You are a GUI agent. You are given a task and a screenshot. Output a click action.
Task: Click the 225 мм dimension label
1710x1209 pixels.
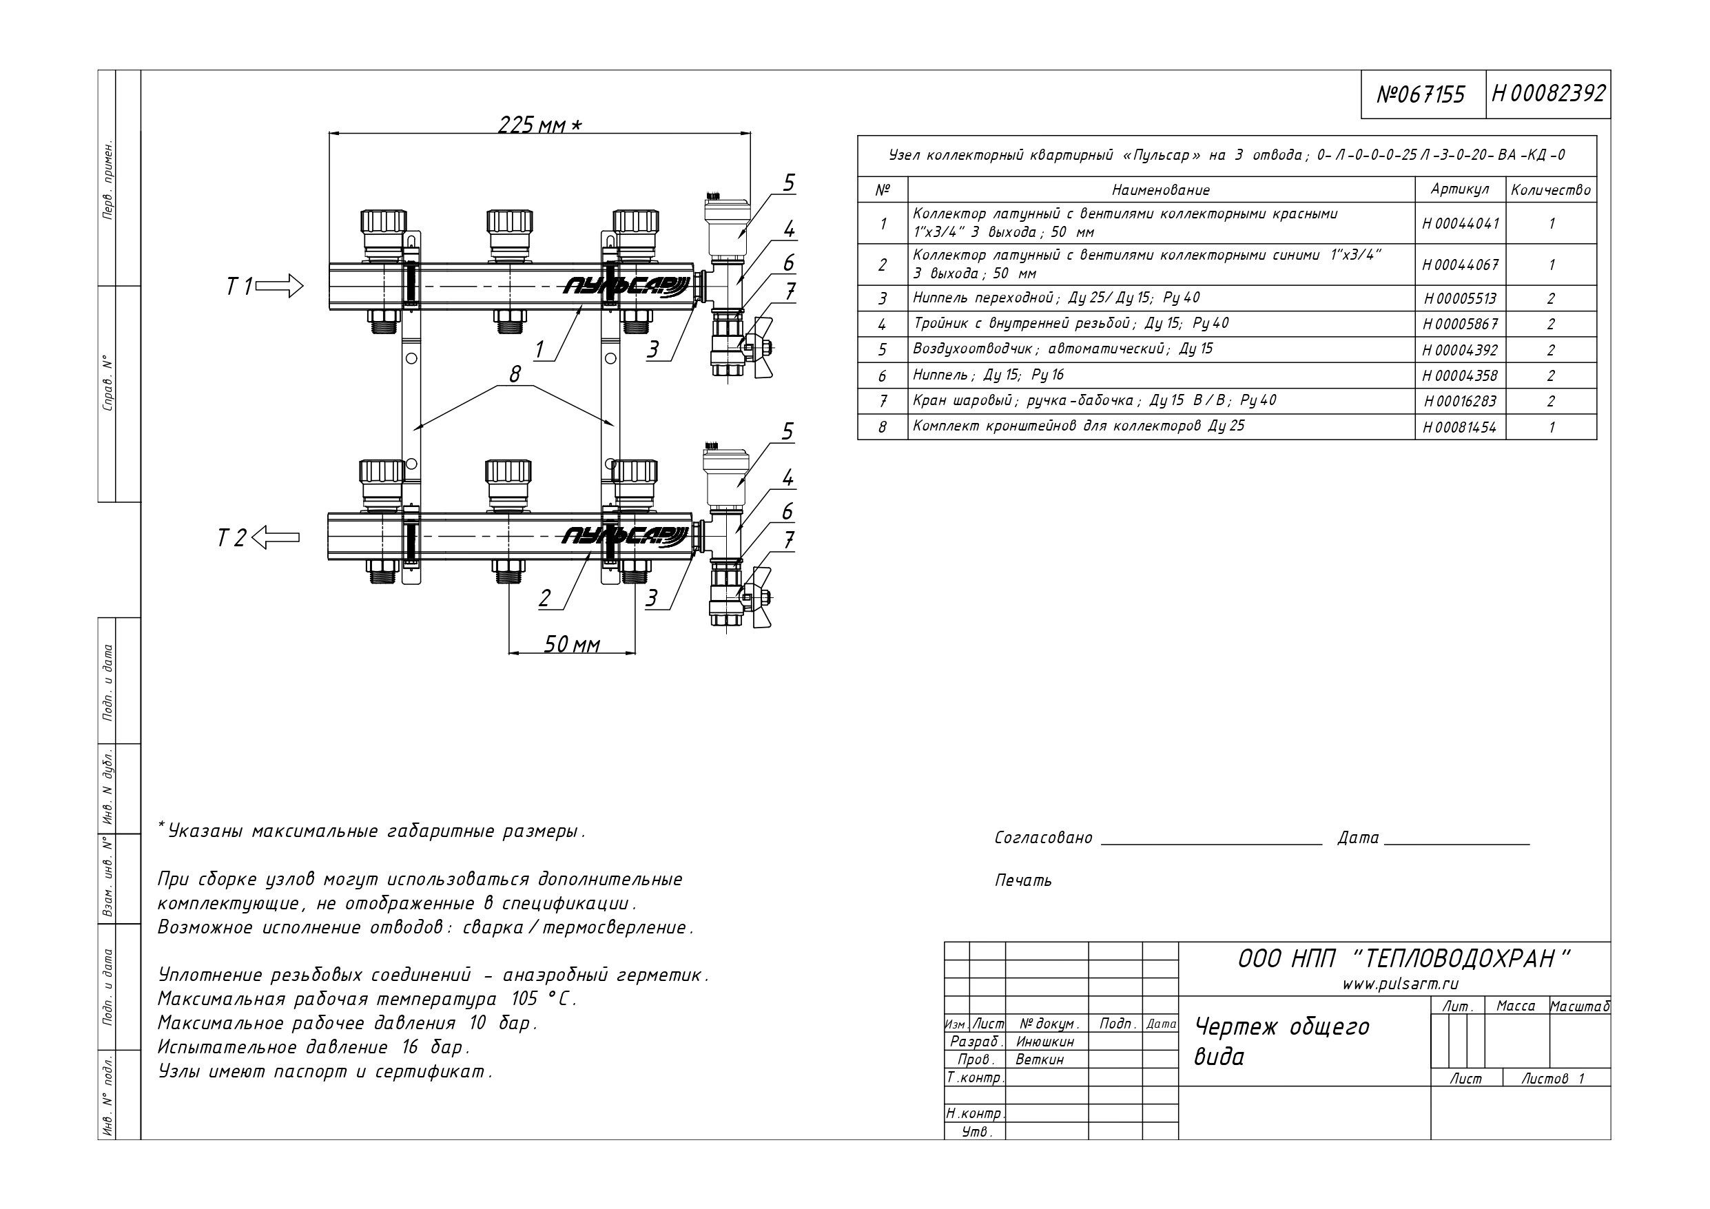click(539, 124)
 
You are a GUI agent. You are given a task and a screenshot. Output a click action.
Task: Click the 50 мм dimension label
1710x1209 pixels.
click(571, 644)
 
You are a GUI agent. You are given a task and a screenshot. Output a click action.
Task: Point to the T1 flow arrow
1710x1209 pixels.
click(279, 286)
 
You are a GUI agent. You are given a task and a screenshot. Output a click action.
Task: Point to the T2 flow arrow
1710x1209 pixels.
click(276, 537)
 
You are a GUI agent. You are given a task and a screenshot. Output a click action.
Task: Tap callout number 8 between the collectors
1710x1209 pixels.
click(515, 374)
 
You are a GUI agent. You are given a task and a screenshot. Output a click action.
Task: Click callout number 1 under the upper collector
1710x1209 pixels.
click(539, 349)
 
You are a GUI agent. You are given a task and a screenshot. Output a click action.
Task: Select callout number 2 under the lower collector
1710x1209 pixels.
click(545, 598)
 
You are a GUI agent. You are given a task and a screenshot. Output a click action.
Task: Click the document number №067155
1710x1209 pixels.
click(1421, 94)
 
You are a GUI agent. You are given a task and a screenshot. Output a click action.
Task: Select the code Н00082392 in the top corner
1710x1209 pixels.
click(1548, 93)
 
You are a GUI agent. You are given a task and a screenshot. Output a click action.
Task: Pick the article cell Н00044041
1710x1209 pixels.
click(1460, 223)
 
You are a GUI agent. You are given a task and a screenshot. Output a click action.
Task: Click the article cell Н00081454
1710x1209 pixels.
click(1460, 428)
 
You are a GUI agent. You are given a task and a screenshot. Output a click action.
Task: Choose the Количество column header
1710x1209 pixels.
click(1551, 190)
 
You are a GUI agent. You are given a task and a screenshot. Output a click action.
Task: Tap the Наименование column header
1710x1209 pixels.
click(1161, 190)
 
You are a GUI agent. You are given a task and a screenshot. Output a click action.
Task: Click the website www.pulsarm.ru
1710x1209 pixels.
click(1390, 984)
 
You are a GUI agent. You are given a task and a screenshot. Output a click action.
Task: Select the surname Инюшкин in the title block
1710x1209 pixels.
click(1045, 1042)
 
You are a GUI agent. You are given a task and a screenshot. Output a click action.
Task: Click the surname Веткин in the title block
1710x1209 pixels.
click(1040, 1060)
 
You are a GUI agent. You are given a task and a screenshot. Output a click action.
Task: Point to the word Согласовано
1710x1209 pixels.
click(1043, 837)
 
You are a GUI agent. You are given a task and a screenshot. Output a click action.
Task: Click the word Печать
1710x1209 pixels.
click(1023, 880)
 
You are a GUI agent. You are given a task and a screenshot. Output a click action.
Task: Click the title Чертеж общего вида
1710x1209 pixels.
click(1281, 1042)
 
